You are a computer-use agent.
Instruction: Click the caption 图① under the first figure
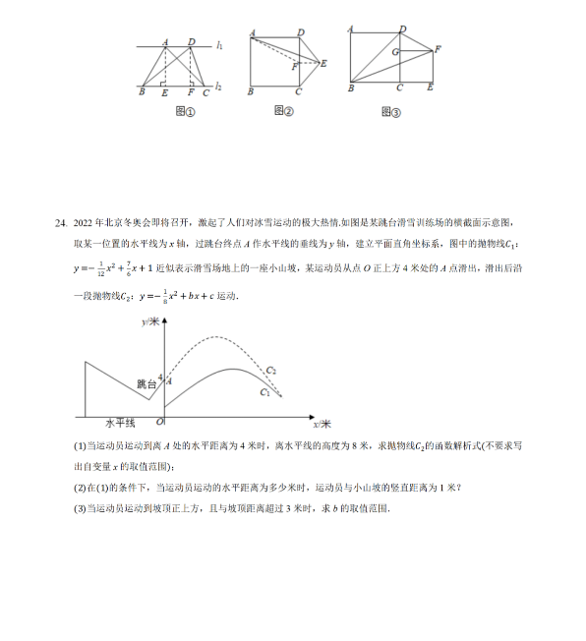point(185,111)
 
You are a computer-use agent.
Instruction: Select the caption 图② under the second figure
point(283,110)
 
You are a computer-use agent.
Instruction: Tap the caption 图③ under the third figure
point(390,111)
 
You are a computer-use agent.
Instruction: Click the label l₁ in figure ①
point(220,45)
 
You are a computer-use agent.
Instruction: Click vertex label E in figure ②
point(323,63)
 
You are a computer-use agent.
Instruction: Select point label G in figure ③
point(393,51)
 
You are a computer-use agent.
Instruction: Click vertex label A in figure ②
point(253,33)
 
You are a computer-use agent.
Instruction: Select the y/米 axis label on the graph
point(150,322)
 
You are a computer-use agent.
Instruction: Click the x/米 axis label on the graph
point(322,424)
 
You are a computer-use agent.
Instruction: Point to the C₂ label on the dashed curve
point(270,370)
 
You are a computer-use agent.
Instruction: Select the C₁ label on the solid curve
point(264,392)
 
